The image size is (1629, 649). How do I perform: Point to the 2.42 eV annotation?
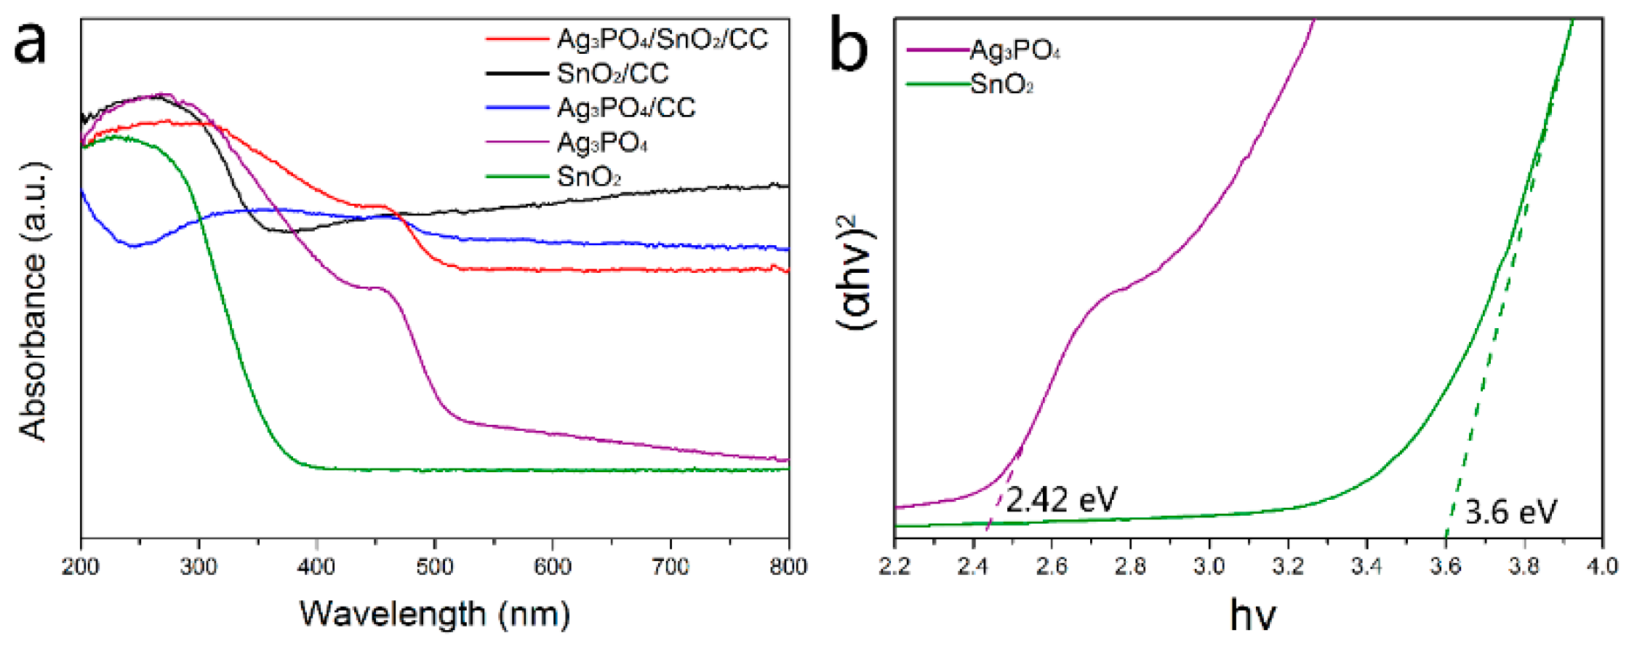pos(1061,500)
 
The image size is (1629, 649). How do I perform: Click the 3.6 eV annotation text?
pos(1510,512)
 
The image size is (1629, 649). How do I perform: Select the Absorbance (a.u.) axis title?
pos(33,301)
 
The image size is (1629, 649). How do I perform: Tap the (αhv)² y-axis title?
pos(858,272)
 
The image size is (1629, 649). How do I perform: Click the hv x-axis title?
pos(1252,615)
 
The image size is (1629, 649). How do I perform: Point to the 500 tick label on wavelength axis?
pos(434,567)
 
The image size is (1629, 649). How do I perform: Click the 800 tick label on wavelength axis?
pos(788,567)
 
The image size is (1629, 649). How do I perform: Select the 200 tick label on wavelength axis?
pos(81,567)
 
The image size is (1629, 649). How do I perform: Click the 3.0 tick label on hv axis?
pos(1209,567)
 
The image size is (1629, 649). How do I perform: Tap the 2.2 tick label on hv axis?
pos(894,567)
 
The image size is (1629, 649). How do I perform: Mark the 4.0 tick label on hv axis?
pos(1601,567)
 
